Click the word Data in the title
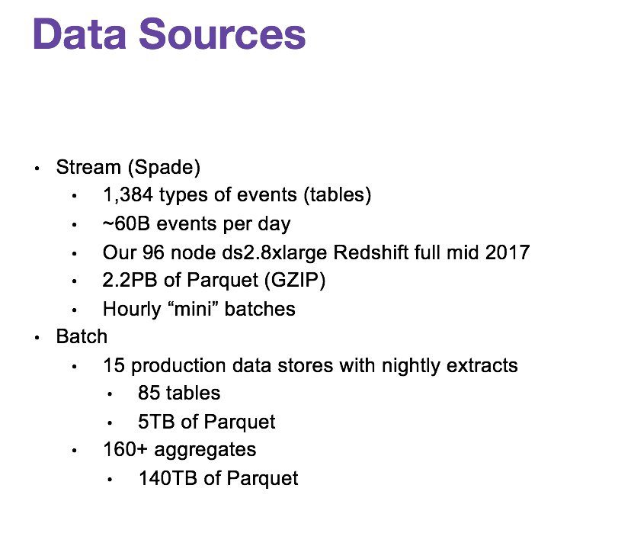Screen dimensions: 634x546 pyautogui.click(x=80, y=34)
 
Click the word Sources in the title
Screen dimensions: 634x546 pyautogui.click(x=223, y=34)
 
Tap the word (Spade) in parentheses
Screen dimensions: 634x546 pyautogui.click(x=164, y=168)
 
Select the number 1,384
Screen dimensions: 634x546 pyautogui.click(x=128, y=195)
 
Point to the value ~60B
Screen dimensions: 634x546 pyautogui.click(x=126, y=223)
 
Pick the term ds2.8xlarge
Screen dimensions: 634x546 pyautogui.click(x=274, y=253)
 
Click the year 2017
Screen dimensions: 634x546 pyautogui.click(x=508, y=252)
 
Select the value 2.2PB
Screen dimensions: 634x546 pyautogui.click(x=130, y=280)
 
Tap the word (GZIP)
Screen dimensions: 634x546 pyautogui.click(x=295, y=280)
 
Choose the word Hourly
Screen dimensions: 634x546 pyautogui.click(x=132, y=310)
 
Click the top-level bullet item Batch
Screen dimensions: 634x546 pyautogui.click(x=82, y=336)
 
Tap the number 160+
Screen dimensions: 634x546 pyautogui.click(x=125, y=449)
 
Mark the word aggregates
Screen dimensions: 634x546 pyautogui.click(x=205, y=450)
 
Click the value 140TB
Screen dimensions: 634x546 pyautogui.click(x=168, y=478)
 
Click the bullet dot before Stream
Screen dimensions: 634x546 pyautogui.click(x=37, y=169)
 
